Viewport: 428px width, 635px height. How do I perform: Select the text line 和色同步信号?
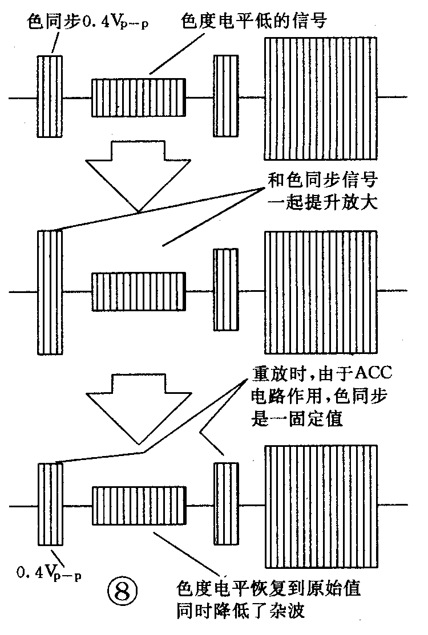click(x=322, y=181)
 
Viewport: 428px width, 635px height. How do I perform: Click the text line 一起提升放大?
click(x=322, y=203)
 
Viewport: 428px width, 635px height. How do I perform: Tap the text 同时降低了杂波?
click(x=243, y=612)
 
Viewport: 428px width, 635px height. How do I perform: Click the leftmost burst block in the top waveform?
click(x=50, y=96)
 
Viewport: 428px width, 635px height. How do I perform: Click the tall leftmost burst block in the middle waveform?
click(x=50, y=291)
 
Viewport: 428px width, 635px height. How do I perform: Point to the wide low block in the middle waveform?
click(x=139, y=291)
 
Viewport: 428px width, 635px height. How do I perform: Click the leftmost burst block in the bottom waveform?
click(x=50, y=504)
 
